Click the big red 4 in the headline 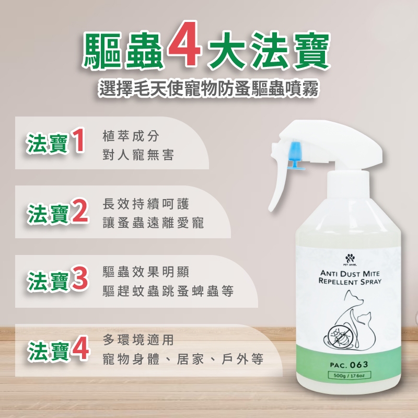tap(183, 44)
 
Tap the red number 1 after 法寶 tap(77, 141)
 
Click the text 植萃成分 tap(131, 136)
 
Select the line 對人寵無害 tap(138, 155)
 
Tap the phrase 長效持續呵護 tap(146, 204)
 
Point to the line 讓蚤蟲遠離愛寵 tap(153, 223)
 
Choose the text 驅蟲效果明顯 tap(146, 272)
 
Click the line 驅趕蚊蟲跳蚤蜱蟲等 tap(168, 291)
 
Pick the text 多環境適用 tap(138, 340)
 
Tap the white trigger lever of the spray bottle tap(278, 187)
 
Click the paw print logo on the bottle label tap(350, 258)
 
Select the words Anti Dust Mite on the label tap(350, 273)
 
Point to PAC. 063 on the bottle tap(349, 364)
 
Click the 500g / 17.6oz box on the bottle tap(349, 375)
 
